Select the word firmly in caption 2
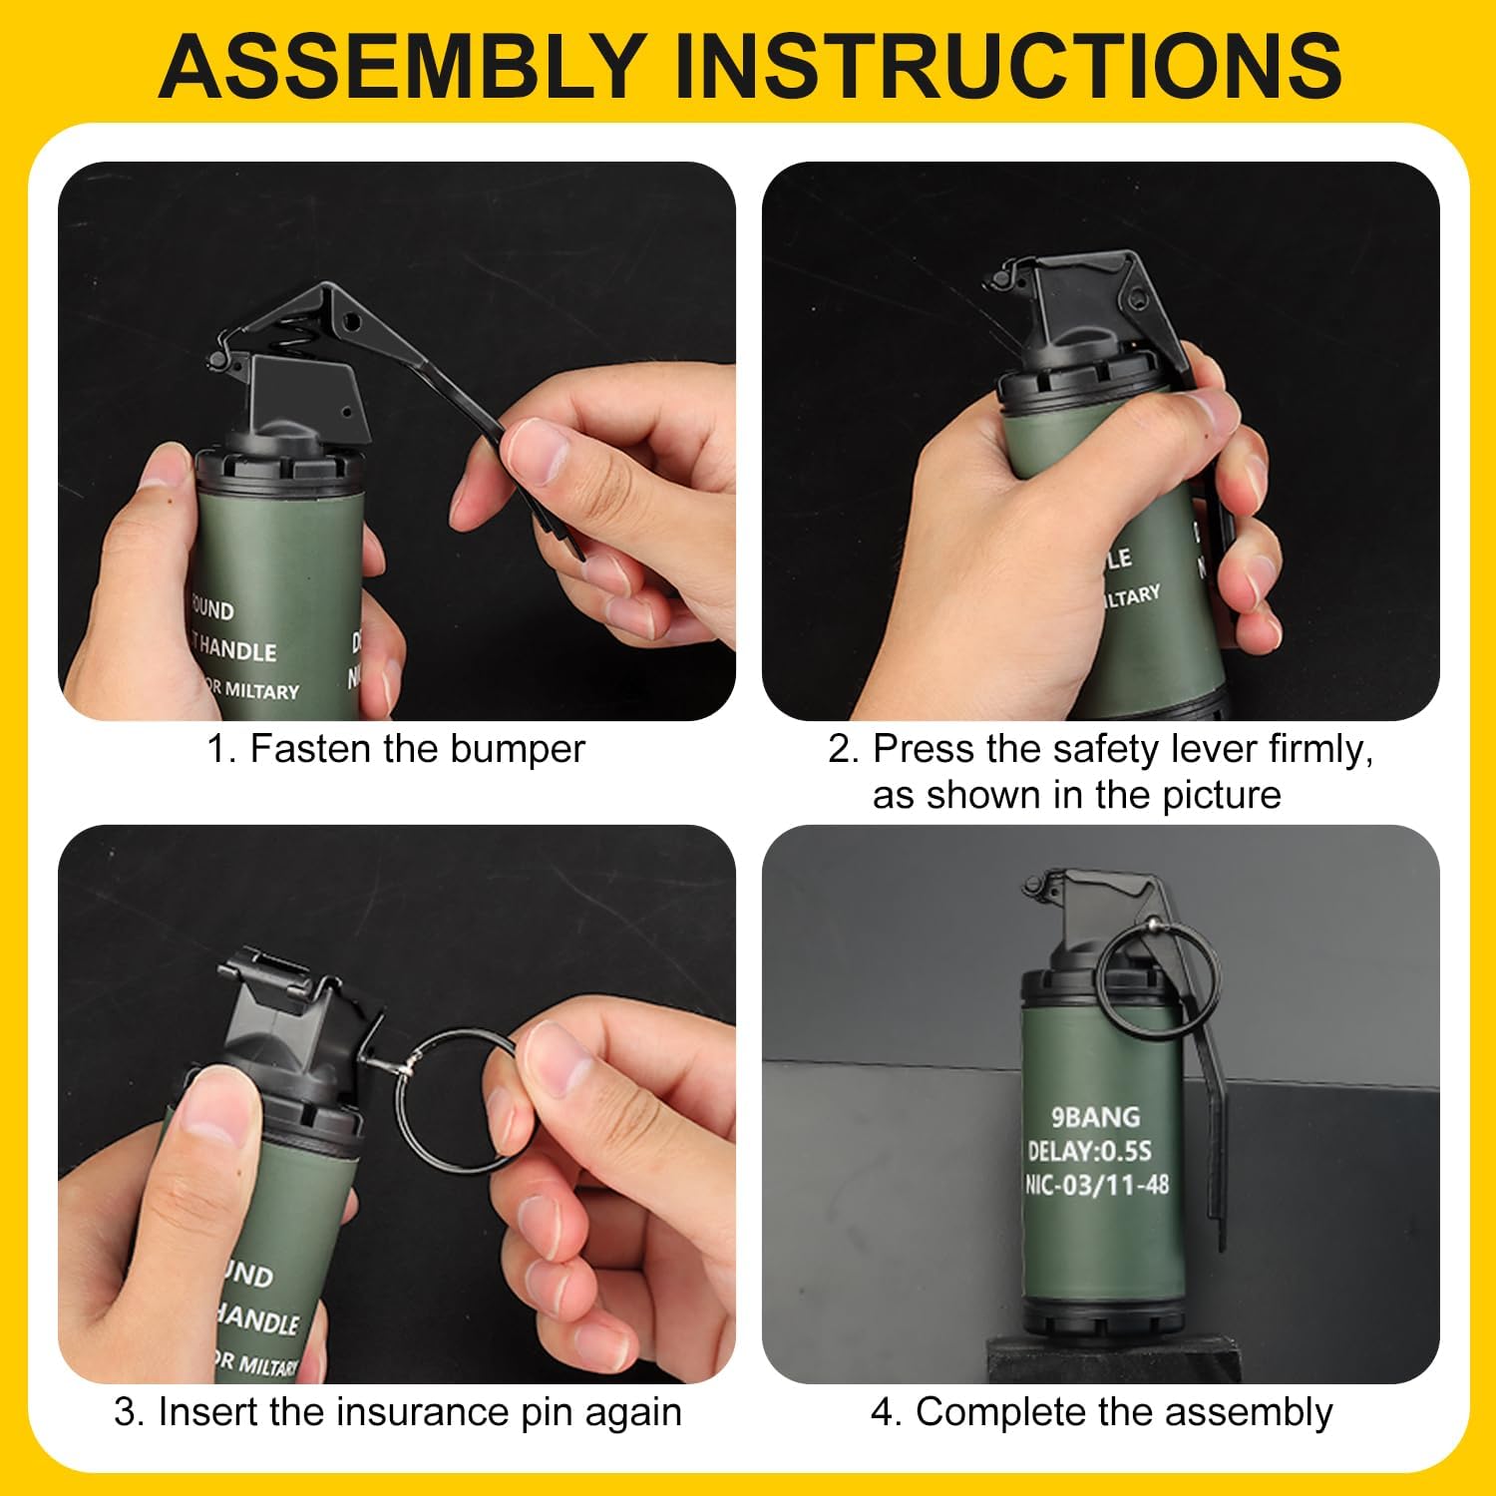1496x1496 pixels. [1318, 749]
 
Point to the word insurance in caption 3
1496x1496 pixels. [424, 1412]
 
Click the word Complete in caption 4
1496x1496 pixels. [985, 1412]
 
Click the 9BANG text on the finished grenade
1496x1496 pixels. [1095, 1117]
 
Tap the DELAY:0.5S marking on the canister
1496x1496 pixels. [1090, 1151]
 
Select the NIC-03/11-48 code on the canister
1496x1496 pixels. [1097, 1185]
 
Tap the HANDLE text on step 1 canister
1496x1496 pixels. [236, 650]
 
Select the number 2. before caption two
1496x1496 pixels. [843, 749]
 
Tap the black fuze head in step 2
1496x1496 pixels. [1077, 319]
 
